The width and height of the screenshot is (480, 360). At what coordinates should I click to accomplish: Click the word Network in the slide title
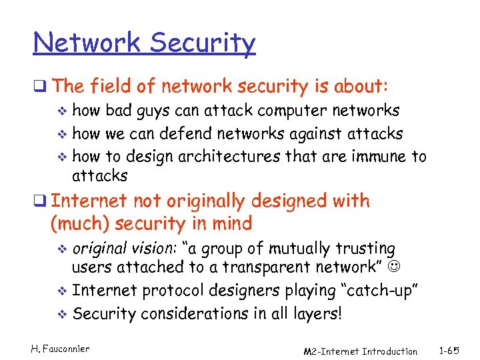pos(87,44)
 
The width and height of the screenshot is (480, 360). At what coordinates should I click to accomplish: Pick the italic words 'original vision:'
pos(125,249)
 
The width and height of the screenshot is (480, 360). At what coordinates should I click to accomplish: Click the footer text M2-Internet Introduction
pos(360,351)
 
